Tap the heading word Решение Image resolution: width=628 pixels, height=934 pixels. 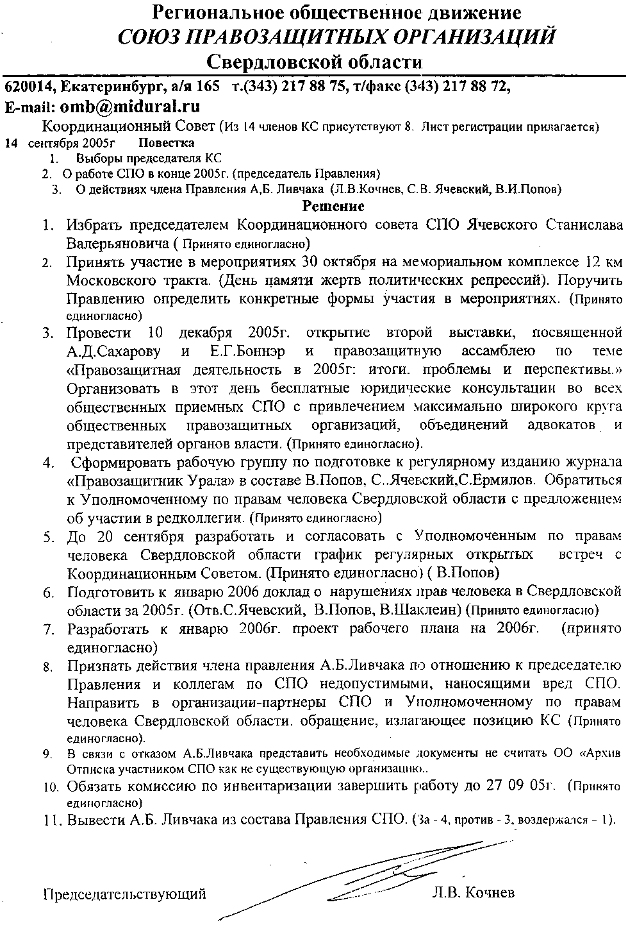coord(333,206)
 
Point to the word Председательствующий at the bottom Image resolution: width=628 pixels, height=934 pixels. coord(124,894)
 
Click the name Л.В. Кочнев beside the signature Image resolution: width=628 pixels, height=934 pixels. coord(474,893)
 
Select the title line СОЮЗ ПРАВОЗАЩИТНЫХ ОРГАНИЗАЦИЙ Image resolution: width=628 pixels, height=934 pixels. coord(336,37)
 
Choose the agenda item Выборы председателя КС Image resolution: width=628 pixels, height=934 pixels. coord(149,158)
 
